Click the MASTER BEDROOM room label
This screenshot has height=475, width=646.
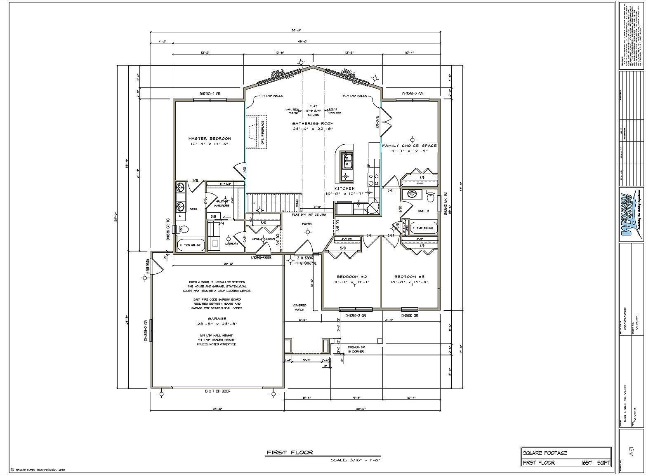click(210, 139)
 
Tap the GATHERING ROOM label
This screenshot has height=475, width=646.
click(313, 124)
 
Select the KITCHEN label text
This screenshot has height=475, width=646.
click(344, 188)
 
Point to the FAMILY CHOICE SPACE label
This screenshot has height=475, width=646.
click(409, 146)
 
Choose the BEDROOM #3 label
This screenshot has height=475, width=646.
click(409, 277)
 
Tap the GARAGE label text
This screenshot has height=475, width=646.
click(217, 319)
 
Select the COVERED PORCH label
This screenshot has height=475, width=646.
click(299, 308)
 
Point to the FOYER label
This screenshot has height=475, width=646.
click(306, 224)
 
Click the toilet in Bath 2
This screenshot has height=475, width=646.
click(431, 198)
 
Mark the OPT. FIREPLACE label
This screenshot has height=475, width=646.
click(262, 133)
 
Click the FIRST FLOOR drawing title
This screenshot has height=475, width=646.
click(290, 452)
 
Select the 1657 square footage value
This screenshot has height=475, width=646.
click(587, 463)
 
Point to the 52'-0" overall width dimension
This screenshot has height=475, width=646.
click(296, 30)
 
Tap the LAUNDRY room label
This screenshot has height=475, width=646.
click(232, 244)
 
